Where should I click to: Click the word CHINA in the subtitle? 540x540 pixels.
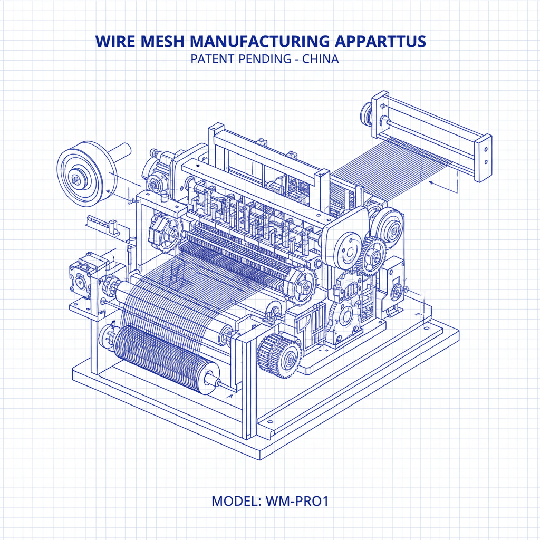click(321, 59)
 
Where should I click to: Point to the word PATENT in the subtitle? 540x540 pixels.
click(210, 59)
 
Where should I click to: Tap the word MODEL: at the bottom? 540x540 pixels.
click(234, 500)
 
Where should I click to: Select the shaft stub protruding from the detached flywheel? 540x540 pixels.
click(122, 151)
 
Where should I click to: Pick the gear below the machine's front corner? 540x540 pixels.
click(279, 354)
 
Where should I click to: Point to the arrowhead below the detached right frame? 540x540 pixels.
click(431, 183)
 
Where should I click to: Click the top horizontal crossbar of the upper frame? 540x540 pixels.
click(264, 150)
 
